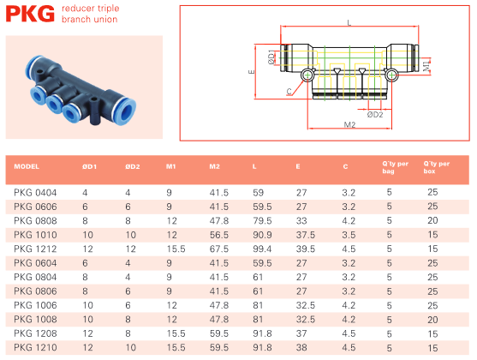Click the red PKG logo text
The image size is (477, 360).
[30, 14]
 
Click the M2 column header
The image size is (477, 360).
[214, 166]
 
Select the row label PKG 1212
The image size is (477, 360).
[35, 249]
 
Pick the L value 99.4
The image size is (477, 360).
[262, 249]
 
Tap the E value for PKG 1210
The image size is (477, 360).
[301, 347]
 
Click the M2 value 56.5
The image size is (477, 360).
[219, 235]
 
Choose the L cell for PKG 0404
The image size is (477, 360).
[259, 193]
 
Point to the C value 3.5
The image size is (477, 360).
[349, 235]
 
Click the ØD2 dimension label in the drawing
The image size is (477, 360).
[375, 115]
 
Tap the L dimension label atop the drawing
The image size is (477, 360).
[349, 22]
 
